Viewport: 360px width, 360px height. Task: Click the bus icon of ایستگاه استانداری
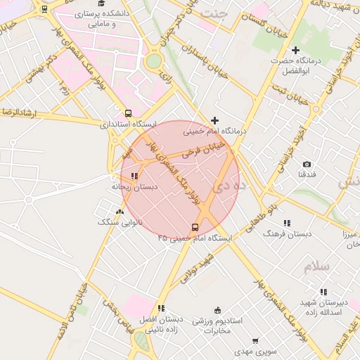(x=127, y=112)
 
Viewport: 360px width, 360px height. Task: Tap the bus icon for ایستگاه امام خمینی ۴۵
(x=195, y=227)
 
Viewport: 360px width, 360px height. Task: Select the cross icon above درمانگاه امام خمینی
(x=214, y=120)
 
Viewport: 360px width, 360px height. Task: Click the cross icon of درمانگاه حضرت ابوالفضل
(x=295, y=50)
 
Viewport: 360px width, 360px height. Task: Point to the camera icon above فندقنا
(x=307, y=164)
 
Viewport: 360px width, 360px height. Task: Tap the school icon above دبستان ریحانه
(x=134, y=176)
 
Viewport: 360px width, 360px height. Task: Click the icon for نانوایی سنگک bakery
(x=120, y=211)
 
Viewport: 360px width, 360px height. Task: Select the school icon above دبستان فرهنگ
(x=287, y=223)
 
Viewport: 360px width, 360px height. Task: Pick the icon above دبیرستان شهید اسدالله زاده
(x=323, y=291)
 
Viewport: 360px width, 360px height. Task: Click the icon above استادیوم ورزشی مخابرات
(x=217, y=310)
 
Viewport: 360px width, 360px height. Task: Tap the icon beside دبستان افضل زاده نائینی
(x=161, y=308)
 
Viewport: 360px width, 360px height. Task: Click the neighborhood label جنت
(x=214, y=13)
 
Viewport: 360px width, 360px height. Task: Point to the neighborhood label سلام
(x=316, y=266)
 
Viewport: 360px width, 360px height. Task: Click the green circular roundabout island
(x=153, y=61)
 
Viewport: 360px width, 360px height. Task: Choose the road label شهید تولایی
(x=195, y=269)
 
